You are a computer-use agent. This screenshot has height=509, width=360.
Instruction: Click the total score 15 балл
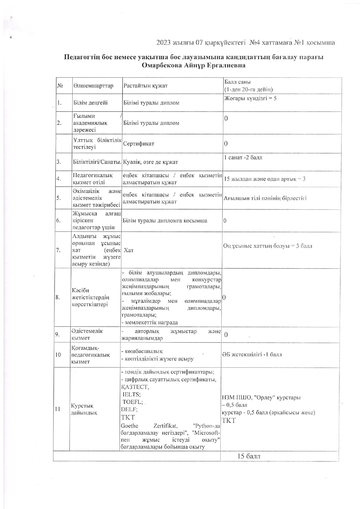tap(249, 456)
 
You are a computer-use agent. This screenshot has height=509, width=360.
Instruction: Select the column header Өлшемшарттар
tap(93, 86)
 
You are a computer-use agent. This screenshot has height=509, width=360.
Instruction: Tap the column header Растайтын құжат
tap(145, 86)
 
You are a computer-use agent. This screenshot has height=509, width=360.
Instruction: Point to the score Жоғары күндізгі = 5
tap(250, 98)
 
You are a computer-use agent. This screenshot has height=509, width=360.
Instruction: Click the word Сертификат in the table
tap(139, 144)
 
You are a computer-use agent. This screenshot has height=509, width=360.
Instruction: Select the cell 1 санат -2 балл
tap(243, 158)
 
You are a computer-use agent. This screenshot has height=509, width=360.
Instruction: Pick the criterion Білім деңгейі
tap(91, 103)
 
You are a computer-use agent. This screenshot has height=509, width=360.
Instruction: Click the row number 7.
tap(58, 250)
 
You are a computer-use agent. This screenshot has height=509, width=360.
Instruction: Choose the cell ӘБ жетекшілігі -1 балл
tap(252, 354)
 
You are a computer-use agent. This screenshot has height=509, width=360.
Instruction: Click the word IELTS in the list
tap(131, 394)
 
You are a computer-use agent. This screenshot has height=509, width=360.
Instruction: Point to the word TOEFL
tap(132, 402)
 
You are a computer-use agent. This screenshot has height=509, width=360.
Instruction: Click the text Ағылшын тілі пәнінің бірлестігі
tap(265, 198)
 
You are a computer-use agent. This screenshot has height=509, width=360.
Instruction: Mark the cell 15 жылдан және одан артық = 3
tap(265, 179)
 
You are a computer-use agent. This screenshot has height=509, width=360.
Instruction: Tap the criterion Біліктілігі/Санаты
tap(97, 162)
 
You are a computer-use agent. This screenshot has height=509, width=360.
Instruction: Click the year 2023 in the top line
tap(164, 43)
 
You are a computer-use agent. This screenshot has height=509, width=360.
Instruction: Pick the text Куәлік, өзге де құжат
tap(150, 162)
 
